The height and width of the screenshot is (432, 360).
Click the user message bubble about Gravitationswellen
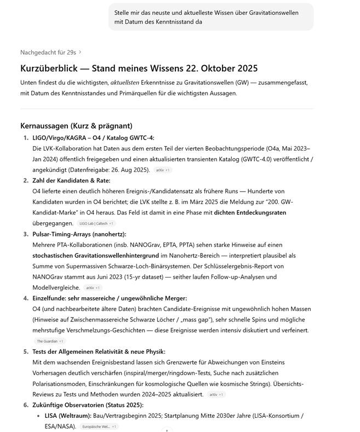[211, 17]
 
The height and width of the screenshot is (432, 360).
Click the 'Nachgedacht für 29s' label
[48, 53]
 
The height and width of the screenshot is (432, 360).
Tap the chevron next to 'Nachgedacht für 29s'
[80, 53]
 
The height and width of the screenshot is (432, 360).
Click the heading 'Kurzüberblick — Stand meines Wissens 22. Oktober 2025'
[139, 68]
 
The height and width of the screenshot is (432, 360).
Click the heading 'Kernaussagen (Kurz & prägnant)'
[76, 126]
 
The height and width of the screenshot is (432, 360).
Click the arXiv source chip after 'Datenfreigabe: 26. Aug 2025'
[163, 170]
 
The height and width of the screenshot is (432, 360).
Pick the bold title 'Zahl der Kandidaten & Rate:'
[71, 181]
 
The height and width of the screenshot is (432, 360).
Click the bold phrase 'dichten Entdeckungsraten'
[250, 212]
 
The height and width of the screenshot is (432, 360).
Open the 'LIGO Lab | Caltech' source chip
[96, 223]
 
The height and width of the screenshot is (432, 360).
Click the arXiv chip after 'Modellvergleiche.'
[93, 287]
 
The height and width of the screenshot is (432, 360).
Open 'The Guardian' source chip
[50, 341]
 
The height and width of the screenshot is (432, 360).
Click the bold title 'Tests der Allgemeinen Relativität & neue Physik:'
[99, 352]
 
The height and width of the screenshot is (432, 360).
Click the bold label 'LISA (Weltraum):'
[68, 416]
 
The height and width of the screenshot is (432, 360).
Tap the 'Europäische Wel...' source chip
[99, 427]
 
